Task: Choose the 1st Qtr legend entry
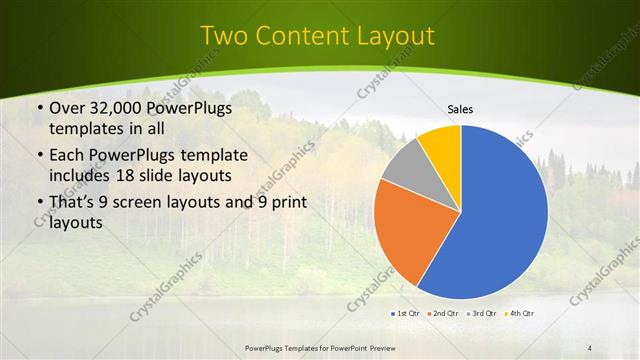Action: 405,314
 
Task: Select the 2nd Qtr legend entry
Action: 443,314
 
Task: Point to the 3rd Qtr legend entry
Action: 482,314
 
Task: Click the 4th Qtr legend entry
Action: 520,314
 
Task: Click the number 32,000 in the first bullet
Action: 116,109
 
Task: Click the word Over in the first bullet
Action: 68,109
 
